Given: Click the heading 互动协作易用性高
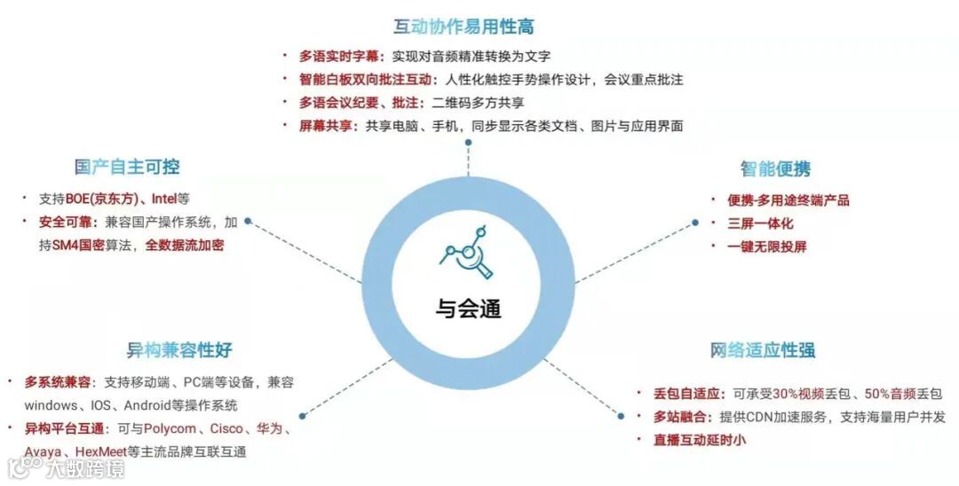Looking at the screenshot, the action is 464,27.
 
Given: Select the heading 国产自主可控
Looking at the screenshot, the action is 127,167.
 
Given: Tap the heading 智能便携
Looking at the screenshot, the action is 775,169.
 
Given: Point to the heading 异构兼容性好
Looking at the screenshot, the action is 178,349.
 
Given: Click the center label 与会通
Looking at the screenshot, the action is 468,308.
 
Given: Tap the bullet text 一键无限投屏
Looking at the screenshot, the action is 767,247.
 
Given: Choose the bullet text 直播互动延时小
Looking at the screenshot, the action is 700,440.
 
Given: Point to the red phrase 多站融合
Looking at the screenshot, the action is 678,417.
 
